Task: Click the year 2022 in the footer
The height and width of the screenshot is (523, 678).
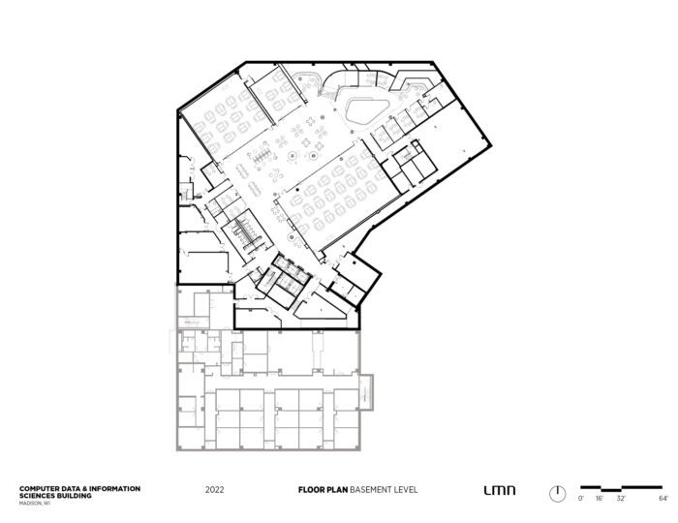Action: (x=215, y=490)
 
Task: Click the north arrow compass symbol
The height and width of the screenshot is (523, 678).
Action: (x=557, y=492)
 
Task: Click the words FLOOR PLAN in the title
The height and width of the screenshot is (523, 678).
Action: (x=322, y=490)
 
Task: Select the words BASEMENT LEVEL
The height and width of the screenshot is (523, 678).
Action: (x=380, y=490)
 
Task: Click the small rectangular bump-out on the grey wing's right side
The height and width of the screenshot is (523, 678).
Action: (x=367, y=391)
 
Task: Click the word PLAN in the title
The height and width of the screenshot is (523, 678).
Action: (x=335, y=490)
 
